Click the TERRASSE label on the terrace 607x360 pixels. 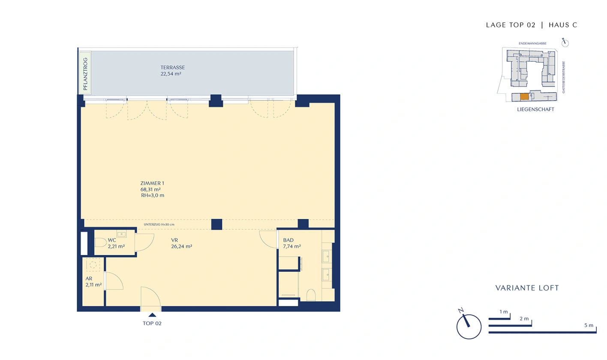[x=173, y=67]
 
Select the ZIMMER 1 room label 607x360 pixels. [x=152, y=183]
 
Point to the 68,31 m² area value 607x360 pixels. [x=150, y=189]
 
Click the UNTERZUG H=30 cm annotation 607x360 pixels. [x=159, y=224]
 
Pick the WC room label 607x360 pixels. [x=112, y=240]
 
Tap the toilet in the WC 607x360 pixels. [x=100, y=243]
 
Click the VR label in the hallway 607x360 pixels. [x=174, y=240]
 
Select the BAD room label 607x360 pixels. [x=288, y=240]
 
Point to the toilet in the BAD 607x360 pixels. [x=311, y=295]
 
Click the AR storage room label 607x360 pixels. [x=89, y=279]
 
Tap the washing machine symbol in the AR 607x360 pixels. [x=93, y=265]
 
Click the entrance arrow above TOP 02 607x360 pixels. [x=152, y=315]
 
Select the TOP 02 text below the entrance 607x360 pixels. [x=152, y=323]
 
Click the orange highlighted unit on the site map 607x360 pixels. [x=524, y=97]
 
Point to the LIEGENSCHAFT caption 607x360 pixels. [x=535, y=109]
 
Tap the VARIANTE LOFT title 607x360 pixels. [x=527, y=288]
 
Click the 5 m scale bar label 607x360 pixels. [x=589, y=325]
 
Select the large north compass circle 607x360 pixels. [x=469, y=327]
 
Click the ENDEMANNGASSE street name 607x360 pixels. [x=532, y=43]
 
